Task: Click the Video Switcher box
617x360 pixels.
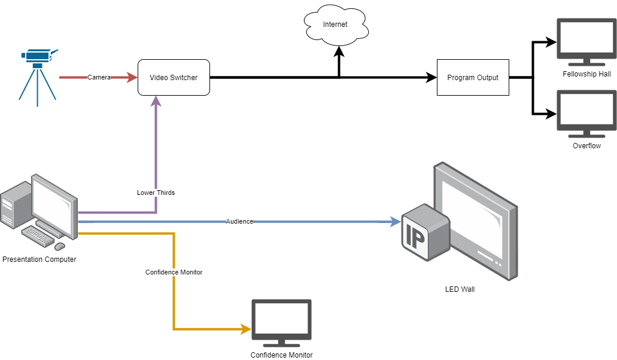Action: point(174,77)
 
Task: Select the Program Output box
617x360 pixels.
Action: point(473,77)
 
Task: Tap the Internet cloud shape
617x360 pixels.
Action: point(335,25)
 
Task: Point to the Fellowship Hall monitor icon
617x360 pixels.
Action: point(586,40)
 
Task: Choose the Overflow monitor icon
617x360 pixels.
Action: point(586,112)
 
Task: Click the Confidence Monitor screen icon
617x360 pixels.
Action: point(281,322)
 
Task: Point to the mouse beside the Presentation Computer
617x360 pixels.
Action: point(60,246)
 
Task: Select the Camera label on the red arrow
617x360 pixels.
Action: point(99,77)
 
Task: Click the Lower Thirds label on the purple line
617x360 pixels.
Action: point(156,193)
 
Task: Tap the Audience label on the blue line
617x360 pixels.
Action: point(239,221)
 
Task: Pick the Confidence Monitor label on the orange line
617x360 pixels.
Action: point(174,272)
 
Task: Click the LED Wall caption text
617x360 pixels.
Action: point(460,289)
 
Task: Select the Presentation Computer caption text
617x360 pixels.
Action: point(39,260)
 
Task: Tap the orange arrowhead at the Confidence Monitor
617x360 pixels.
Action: point(245,329)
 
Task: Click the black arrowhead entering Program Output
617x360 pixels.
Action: point(431,77)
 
